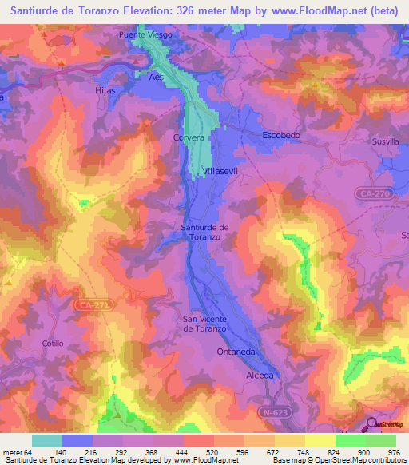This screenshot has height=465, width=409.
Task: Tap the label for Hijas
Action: click(105, 91)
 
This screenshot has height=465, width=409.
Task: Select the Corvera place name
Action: click(189, 137)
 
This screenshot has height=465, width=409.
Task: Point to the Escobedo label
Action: click(281, 136)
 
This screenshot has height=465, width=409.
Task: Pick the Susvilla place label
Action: click(385, 141)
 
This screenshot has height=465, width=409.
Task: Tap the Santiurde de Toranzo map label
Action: click(205, 232)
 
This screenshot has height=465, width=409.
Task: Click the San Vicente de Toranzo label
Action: click(205, 324)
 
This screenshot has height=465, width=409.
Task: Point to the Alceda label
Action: click(260, 376)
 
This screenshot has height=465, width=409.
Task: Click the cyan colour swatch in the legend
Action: click(47, 440)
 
